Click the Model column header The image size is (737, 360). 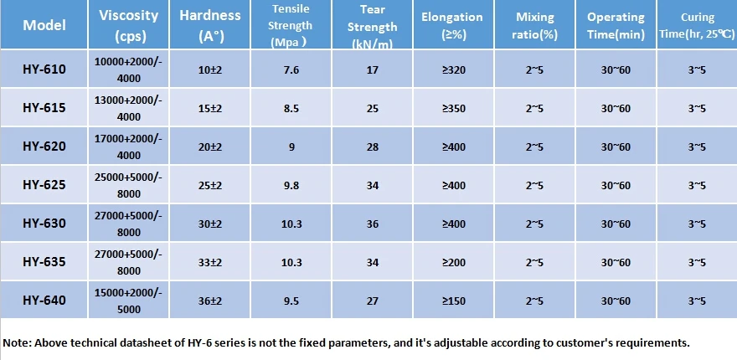click(x=44, y=25)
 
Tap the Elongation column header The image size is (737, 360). click(x=452, y=25)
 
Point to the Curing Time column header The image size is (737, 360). click(x=697, y=25)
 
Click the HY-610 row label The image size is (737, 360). click(x=44, y=69)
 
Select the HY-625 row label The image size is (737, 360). click(x=44, y=185)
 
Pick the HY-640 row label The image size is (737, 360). click(x=44, y=300)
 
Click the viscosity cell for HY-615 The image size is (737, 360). click(x=128, y=108)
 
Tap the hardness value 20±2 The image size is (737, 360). click(x=209, y=147)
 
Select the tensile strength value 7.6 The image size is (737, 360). click(x=291, y=70)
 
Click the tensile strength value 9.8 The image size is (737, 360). click(x=291, y=186)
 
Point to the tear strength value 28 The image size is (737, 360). click(x=372, y=147)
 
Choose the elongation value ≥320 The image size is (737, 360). click(x=454, y=70)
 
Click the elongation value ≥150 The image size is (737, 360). click(x=454, y=301)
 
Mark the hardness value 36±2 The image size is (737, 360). click(x=209, y=301)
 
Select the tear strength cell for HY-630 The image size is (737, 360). click(x=372, y=224)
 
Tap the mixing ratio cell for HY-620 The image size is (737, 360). click(x=534, y=147)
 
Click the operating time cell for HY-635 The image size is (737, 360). click(x=616, y=262)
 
